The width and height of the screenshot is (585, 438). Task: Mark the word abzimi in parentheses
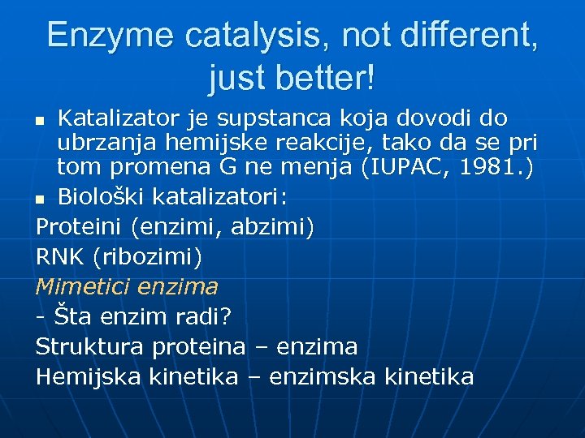coord(269,227)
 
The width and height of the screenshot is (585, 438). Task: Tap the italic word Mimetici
coord(82,286)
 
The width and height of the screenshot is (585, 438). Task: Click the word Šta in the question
coord(70,316)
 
